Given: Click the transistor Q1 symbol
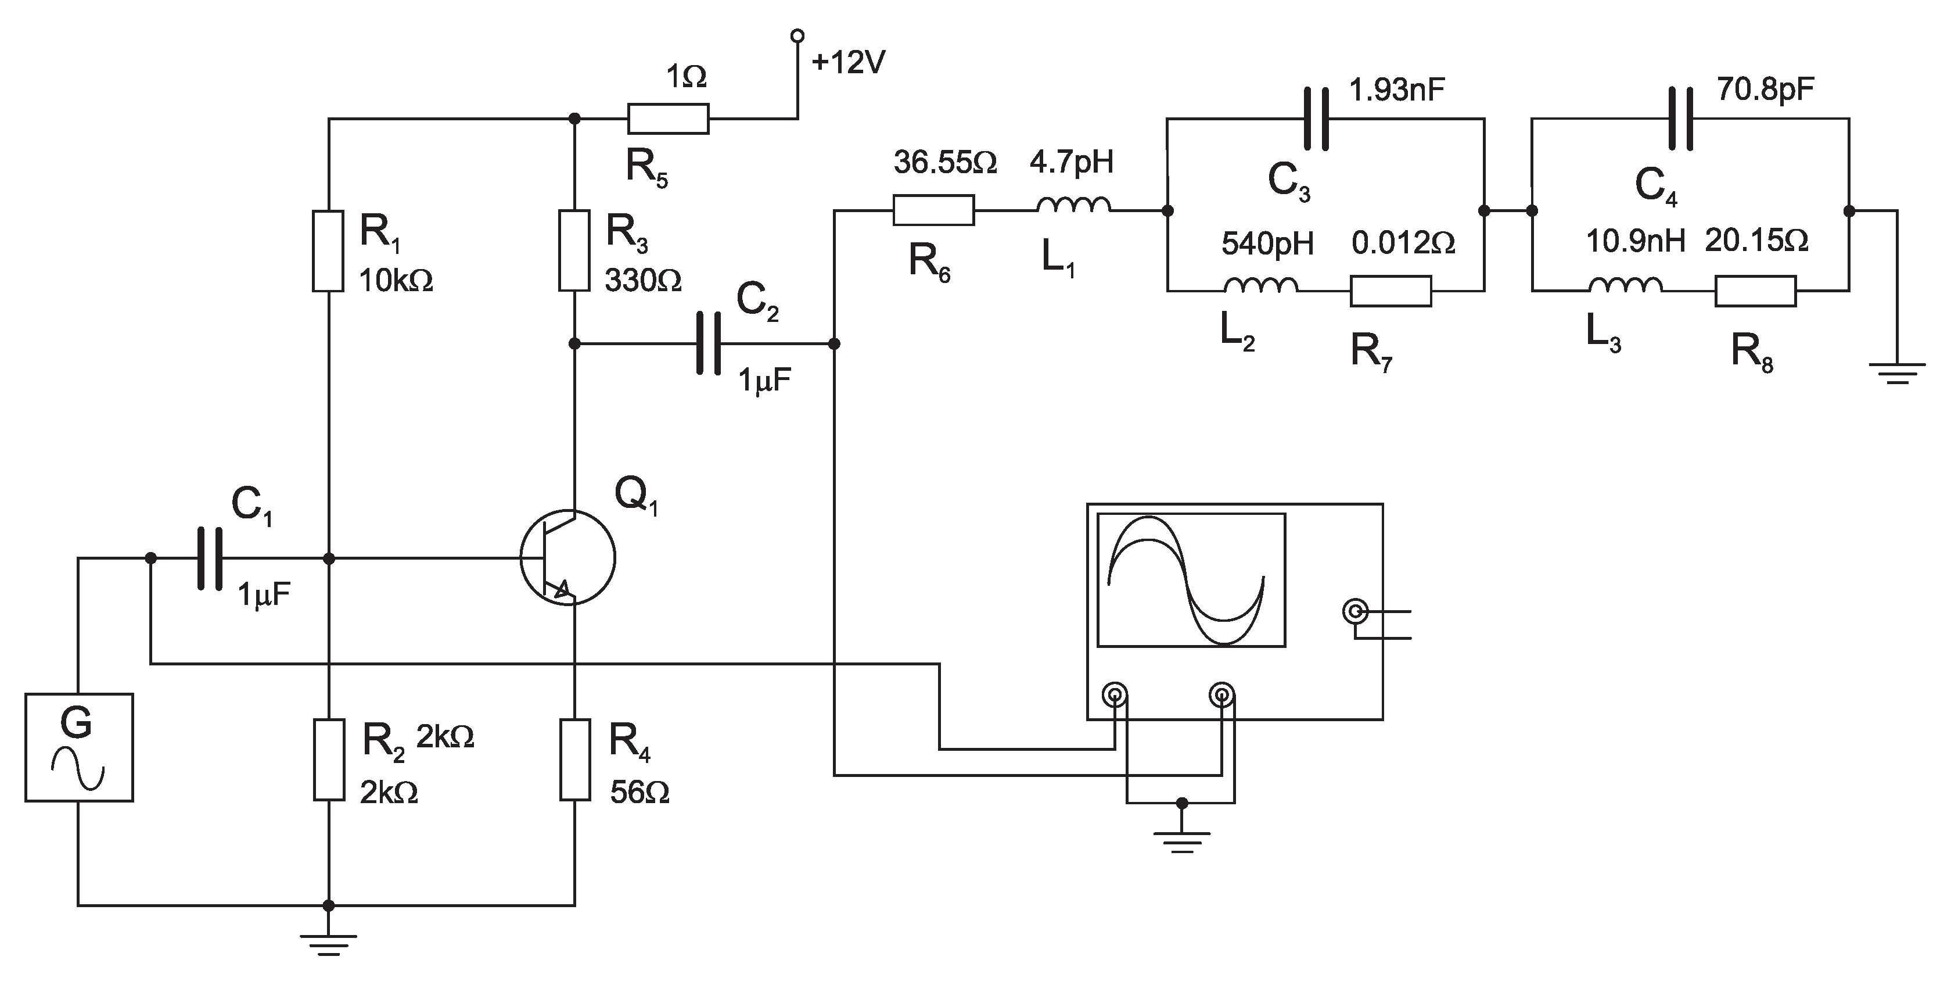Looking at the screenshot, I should pos(567,558).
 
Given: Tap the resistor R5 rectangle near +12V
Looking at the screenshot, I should pos(667,119).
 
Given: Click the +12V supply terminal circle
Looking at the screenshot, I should pos(797,35).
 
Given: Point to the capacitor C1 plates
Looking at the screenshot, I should pos(210,558).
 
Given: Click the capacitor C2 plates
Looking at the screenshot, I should pos(709,344).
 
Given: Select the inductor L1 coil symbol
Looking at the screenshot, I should pos(1073,206).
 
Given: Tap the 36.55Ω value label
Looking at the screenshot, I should pos(945,162).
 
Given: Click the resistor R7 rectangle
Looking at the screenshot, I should pos(1391,291).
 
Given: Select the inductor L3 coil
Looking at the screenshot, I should pos(1625,285).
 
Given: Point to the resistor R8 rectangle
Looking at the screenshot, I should pos(1755,291).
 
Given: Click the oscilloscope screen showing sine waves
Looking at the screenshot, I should pos(1191,579).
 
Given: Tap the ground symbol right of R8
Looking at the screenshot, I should pos(1896,372).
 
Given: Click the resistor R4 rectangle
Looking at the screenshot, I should pos(575,759).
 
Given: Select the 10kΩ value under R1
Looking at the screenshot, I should pos(396,281).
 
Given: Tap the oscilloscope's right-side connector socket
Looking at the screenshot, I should pos(1354,612).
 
